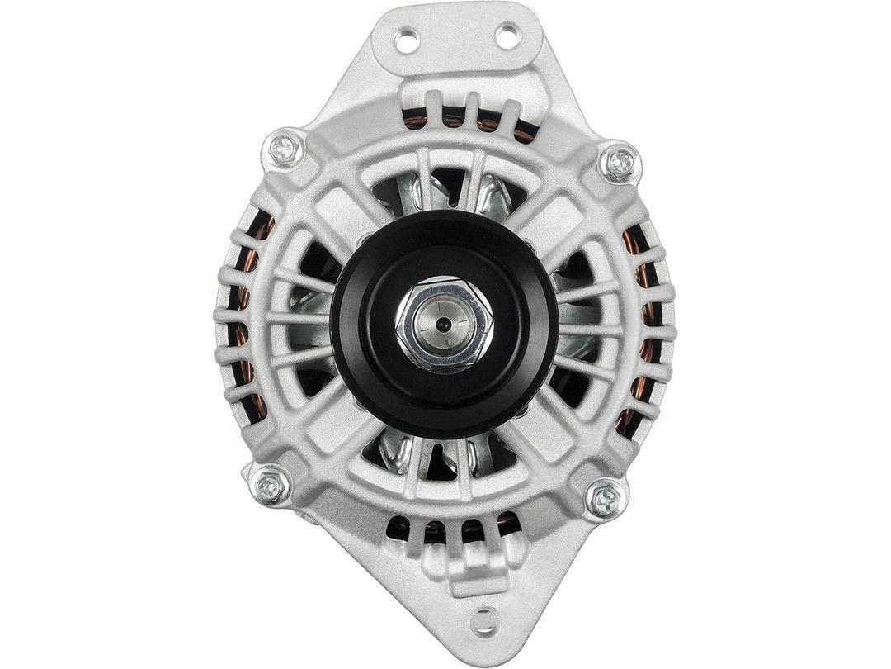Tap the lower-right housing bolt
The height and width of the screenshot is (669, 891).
pyautogui.click(x=606, y=497)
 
